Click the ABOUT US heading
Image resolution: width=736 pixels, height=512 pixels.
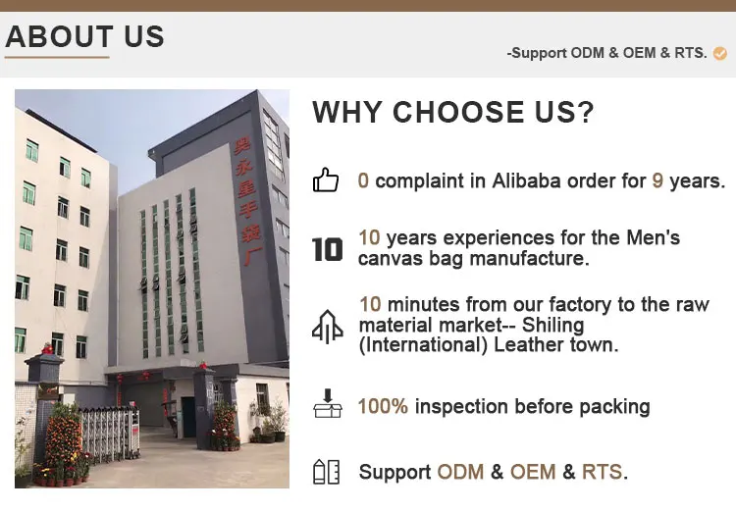pos(85,36)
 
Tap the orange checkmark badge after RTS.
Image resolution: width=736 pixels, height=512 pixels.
pos(719,54)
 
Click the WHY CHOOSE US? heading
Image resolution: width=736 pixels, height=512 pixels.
pos(453,112)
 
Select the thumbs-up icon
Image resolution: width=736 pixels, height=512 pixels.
pos(326,179)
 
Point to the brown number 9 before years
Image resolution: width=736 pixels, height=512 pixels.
pos(657,180)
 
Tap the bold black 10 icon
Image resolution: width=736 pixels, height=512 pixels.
pos(327,249)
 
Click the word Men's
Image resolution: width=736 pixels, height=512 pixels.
pos(653,237)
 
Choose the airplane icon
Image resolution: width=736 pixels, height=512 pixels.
pos(328,327)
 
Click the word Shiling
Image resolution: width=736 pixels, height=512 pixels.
pos(552,325)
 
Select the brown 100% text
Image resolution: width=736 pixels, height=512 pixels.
pos(383,406)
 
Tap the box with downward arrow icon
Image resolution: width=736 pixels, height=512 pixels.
pos(328,403)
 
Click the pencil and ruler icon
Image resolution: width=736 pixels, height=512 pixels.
pos(326,472)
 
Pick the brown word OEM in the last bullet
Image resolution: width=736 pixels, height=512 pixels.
pos(533,472)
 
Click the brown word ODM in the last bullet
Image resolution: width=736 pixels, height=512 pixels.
pos(460,472)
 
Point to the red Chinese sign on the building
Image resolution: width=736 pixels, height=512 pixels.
pos(247,202)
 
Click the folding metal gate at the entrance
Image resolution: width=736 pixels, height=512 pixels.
pos(109,435)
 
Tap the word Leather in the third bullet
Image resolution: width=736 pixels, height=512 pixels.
pos(529,345)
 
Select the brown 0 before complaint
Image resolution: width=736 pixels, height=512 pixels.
pos(363,180)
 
